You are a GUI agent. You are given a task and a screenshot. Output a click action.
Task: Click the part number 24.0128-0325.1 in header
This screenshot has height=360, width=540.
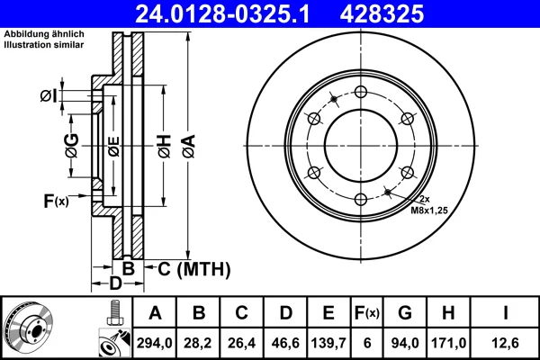pos(222,13)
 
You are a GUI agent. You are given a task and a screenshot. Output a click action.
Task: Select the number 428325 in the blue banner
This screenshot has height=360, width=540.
pos(382,13)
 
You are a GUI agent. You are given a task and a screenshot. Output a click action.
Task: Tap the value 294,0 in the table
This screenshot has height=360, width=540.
pos(154,343)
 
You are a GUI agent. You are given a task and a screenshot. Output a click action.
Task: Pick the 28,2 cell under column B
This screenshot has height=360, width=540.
pos(198,343)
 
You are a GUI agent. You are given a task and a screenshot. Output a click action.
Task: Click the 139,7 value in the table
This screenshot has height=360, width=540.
pos(328,343)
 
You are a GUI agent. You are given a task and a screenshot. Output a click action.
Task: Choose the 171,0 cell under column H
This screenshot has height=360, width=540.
pos(448,343)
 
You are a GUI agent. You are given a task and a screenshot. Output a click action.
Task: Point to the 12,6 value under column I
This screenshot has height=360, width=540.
pos(505,343)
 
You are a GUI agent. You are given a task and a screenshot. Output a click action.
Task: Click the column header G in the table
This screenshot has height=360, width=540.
pos(405,313)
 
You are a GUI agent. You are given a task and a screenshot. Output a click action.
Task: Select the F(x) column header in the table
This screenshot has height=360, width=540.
pos(367,313)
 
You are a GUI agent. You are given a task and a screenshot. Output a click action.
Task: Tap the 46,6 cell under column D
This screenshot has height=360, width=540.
pos(285,343)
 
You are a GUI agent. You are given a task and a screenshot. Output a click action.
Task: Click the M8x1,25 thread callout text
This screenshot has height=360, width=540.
pos(429,210)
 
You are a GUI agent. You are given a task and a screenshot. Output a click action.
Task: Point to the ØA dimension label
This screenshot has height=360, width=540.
pos(189,146)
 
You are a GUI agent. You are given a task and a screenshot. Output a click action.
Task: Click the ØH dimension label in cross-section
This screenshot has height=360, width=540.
pos(165,146)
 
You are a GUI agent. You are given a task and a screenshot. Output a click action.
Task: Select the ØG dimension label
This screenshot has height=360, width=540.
pos(72,146)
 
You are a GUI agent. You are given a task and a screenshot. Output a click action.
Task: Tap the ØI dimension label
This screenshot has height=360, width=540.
pos(49,95)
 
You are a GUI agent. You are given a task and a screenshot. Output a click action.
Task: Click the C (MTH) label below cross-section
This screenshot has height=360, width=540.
pos(194,269)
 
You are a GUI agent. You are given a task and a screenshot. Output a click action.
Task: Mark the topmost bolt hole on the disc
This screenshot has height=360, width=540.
pos(361,92)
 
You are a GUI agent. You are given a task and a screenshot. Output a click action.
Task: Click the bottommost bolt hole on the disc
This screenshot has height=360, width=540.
pos(361,199)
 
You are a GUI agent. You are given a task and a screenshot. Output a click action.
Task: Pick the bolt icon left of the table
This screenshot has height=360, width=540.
pos(115,312)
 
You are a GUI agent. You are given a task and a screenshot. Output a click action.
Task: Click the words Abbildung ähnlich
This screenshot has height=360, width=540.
pos(44,34)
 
